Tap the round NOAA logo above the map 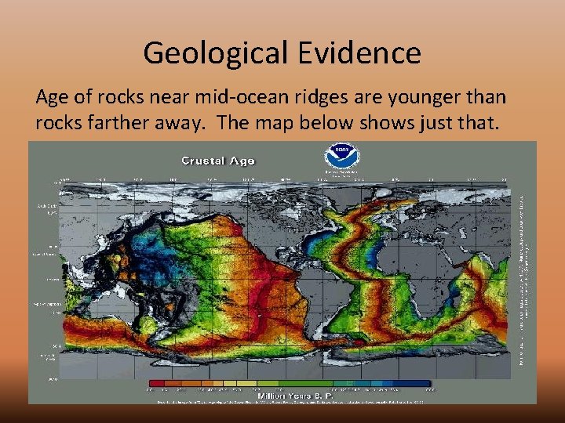pos(341,154)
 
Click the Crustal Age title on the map pos(218,161)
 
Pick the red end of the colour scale pos(154,384)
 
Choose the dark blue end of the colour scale pos(424,384)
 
